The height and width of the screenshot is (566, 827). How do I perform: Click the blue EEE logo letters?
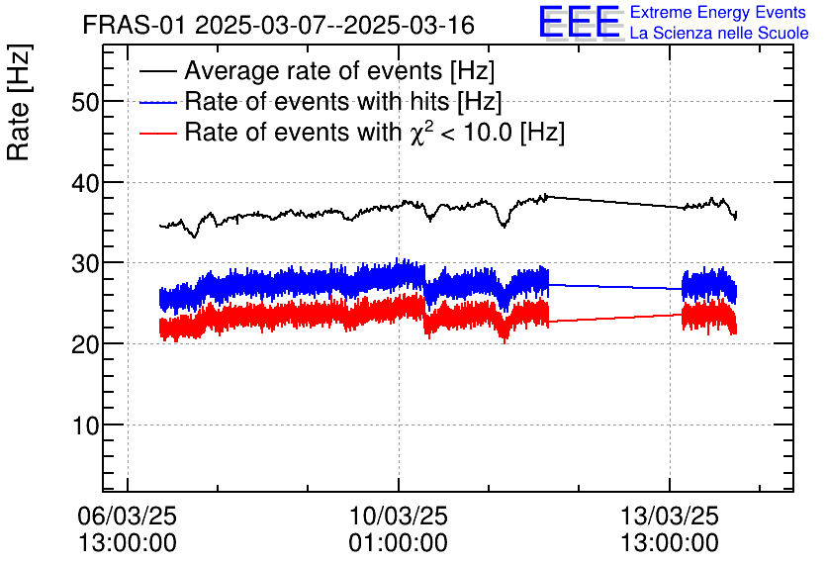click(580, 22)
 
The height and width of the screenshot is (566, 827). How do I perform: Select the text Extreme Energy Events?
click(719, 13)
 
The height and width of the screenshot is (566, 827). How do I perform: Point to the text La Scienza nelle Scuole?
click(719, 34)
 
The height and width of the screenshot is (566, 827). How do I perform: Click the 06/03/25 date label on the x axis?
click(128, 517)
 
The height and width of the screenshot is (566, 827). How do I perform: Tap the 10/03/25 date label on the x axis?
click(398, 517)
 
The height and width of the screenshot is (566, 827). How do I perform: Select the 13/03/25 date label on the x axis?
click(669, 517)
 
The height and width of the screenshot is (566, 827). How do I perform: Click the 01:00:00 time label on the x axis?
click(398, 543)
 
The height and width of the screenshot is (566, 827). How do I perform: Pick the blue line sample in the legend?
click(158, 102)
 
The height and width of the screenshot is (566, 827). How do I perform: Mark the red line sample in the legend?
click(158, 133)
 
